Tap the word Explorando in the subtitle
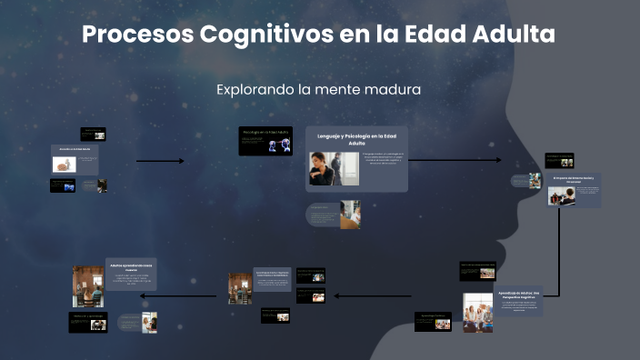coord(256,90)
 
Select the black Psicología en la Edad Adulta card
coord(265,141)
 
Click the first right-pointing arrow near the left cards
coord(160,161)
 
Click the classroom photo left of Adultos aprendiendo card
coord(87,286)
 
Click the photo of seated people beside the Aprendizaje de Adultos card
coord(477,311)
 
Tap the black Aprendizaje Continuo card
coord(433,321)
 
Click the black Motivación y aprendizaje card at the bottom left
coord(88,321)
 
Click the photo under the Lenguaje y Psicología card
coord(350,215)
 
